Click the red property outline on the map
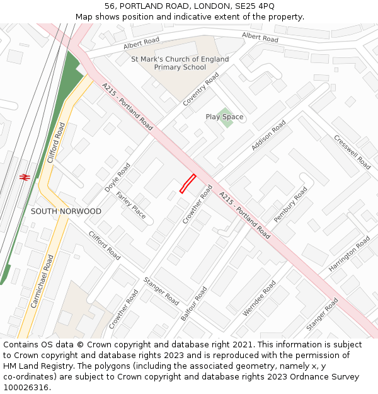pos(188,183)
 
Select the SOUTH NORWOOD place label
pos(66,211)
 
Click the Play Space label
pos(224,117)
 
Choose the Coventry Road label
pos(201,89)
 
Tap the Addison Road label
pos(268,135)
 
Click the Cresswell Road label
pos(352,152)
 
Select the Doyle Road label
pos(118,178)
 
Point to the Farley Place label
pos(130,205)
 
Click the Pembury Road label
pos(290,204)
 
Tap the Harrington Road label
pos(350,254)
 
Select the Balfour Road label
pos(194,304)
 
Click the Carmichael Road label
pos(42,281)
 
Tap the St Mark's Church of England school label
pos(180,63)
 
